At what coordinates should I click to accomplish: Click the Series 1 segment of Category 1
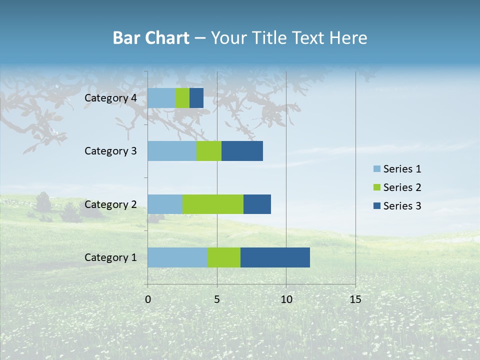tap(177, 257)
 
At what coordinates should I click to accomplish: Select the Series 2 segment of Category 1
tap(224, 257)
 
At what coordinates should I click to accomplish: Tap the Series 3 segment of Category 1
tap(275, 257)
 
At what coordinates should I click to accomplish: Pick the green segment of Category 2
tap(213, 204)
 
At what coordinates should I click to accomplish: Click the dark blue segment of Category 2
tap(257, 204)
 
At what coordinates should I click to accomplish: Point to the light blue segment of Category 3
tap(172, 151)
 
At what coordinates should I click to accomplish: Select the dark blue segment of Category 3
tap(242, 151)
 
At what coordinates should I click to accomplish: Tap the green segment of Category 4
tap(182, 98)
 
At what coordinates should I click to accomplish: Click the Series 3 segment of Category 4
tap(196, 98)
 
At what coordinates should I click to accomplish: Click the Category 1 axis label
tap(110, 257)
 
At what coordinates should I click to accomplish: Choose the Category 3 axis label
tap(110, 151)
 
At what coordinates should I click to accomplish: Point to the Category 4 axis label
tap(110, 98)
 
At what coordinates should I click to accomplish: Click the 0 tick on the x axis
tap(148, 299)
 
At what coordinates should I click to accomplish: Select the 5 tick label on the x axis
tap(217, 299)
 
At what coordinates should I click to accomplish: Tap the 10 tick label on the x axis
tap(286, 299)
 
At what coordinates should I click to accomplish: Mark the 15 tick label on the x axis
tap(355, 299)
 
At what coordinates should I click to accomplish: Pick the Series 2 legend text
tap(402, 187)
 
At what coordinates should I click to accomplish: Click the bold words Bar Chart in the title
tap(151, 38)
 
